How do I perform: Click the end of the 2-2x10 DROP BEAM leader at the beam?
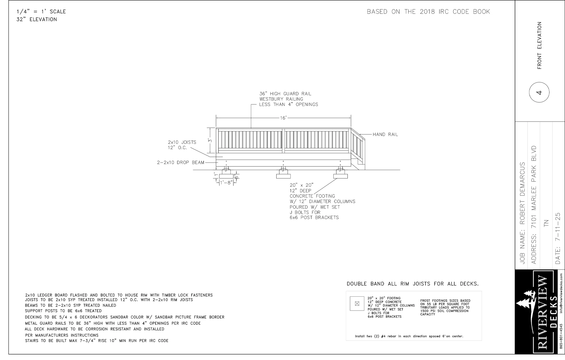pos(216,162)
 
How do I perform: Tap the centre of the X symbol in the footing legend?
pos(357,304)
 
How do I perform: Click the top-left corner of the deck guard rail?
pos(216,128)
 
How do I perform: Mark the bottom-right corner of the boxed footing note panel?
pos(482,341)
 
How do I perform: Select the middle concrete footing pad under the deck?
pos(283,176)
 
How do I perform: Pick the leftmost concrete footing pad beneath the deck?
pos(226,176)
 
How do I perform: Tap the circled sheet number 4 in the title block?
pos(539,92)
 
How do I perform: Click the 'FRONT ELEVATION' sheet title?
pos(539,45)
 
